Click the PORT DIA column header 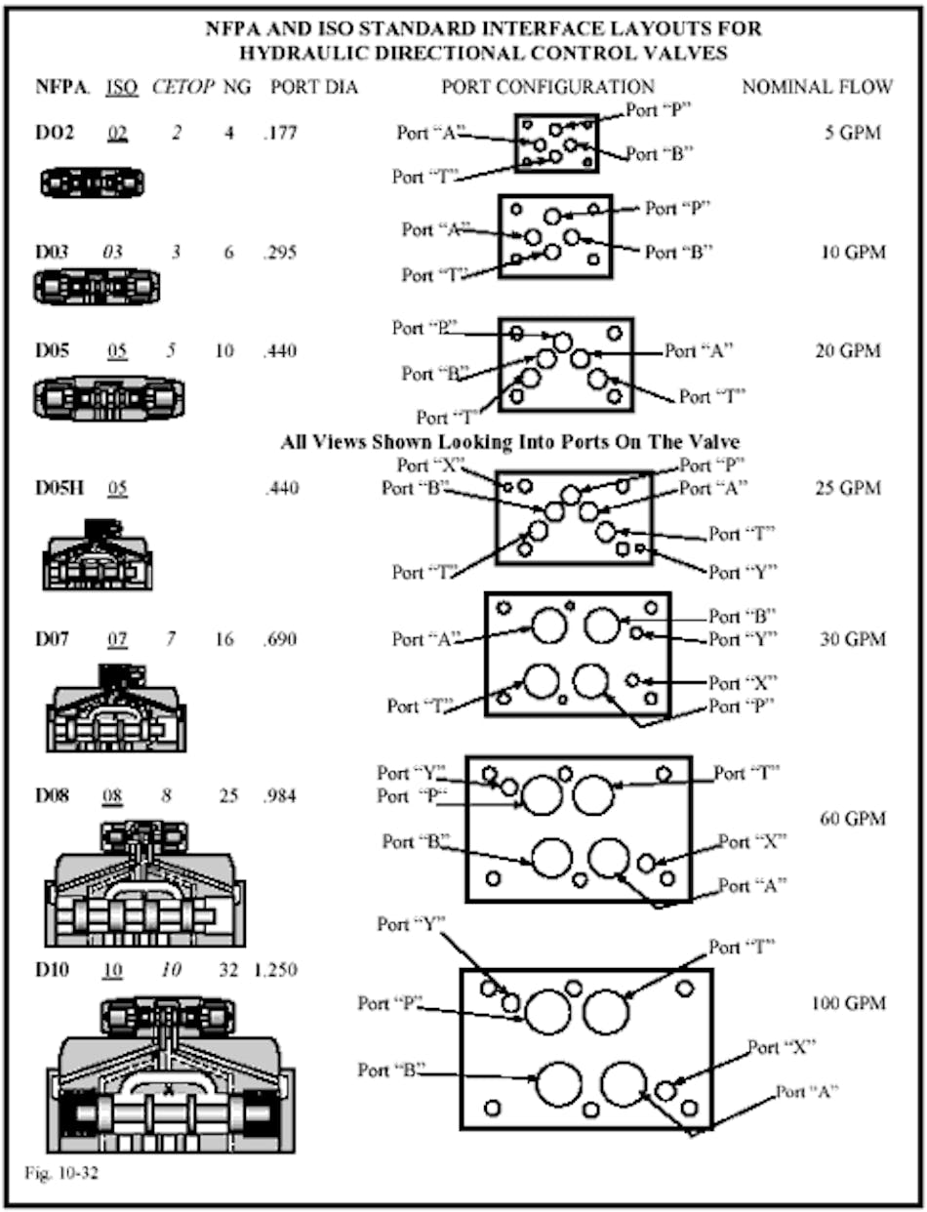[313, 87]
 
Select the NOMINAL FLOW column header [817, 87]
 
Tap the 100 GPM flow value [848, 1003]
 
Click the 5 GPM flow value [852, 133]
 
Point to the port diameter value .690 [279, 640]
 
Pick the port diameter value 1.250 [275, 971]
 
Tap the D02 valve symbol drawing [93, 182]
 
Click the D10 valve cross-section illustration [171, 1073]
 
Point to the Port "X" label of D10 [781, 1047]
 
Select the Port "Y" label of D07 [743, 639]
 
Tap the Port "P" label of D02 [659, 110]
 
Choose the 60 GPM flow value [852, 818]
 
